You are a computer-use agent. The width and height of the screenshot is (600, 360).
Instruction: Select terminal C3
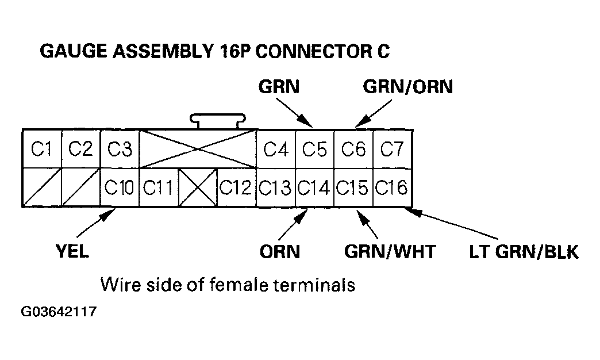click(x=120, y=149)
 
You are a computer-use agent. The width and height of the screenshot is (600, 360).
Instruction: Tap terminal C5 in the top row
click(x=314, y=149)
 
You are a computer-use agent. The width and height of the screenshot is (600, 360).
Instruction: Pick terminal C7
click(x=393, y=149)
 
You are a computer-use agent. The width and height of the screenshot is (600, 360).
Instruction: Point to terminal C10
click(x=120, y=187)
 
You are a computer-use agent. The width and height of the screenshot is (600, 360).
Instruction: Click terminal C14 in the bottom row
click(x=314, y=187)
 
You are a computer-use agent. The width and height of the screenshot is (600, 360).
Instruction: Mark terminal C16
click(x=393, y=187)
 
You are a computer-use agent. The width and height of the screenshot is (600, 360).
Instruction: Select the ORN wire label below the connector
click(x=280, y=252)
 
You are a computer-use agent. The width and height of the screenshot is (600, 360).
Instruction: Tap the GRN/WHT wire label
click(x=390, y=252)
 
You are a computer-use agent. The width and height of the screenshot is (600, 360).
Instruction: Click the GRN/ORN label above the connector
click(x=408, y=87)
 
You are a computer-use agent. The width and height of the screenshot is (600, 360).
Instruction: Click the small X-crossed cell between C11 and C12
click(x=197, y=187)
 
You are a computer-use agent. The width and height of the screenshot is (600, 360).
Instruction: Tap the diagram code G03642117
click(x=59, y=313)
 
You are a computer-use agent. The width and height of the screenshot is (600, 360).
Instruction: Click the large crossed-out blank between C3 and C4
click(x=198, y=149)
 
